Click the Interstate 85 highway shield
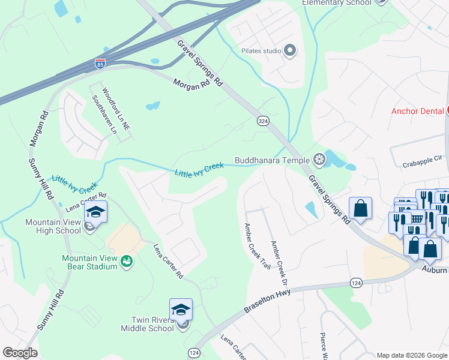click(100, 62)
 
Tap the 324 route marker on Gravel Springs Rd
click(263, 121)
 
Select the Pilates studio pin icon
click(291, 50)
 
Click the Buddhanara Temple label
click(272, 160)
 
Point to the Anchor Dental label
click(417, 110)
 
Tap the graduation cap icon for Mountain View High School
click(95, 211)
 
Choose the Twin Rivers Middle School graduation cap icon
click(181, 308)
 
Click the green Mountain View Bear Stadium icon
click(126, 260)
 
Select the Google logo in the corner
click(20, 353)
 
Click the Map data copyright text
click(411, 355)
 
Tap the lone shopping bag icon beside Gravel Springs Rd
click(360, 208)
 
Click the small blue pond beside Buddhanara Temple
click(334, 160)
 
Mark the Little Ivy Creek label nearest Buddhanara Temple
click(199, 169)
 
